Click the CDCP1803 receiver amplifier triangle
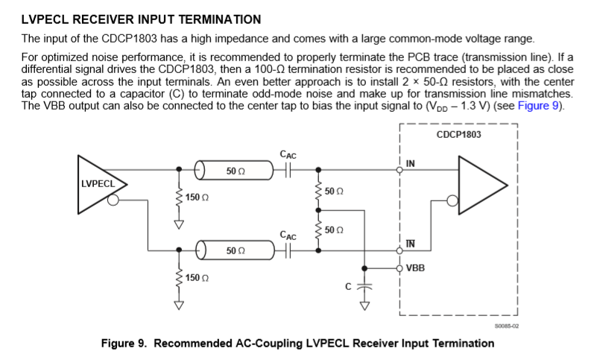[481, 184]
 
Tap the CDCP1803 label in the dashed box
[458, 135]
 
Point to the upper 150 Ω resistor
[179, 198]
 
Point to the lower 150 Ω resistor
[179, 277]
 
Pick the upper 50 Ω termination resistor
[319, 191]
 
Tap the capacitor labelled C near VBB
[364, 286]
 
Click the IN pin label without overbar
[411, 163]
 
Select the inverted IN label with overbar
[411, 244]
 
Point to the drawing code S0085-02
[505, 326]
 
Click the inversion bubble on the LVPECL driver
[113, 200]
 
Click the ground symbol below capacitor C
[364, 303]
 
